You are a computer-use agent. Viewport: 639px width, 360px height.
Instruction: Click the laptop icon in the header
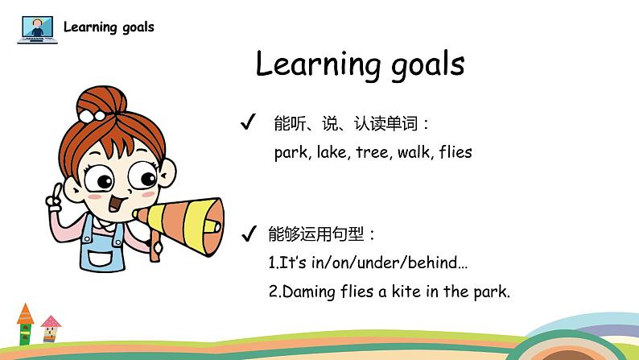tap(38, 29)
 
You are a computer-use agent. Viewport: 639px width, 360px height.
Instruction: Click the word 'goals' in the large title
tap(428, 65)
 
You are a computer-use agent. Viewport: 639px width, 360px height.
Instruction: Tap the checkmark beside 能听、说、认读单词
tap(248, 122)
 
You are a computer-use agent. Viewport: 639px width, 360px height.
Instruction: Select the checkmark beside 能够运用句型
tap(249, 234)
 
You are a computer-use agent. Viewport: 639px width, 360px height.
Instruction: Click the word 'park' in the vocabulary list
tap(291, 153)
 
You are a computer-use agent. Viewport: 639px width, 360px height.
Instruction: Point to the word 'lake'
tap(332, 152)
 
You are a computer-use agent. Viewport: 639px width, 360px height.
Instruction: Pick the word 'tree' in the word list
tap(372, 152)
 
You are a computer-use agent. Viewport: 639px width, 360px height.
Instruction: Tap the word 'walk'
tap(414, 152)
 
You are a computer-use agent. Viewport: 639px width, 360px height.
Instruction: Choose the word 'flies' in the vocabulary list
tap(456, 152)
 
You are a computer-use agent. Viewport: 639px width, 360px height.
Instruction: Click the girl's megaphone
tap(179, 226)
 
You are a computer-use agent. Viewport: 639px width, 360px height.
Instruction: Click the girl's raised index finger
tap(57, 190)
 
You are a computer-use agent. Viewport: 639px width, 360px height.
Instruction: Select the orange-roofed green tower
tap(25, 324)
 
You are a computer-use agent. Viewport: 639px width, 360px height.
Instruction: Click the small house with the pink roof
tap(51, 329)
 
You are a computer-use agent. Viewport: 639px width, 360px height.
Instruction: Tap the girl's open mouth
tap(116, 203)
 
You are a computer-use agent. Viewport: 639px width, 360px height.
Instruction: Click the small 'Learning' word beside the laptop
tap(90, 27)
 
